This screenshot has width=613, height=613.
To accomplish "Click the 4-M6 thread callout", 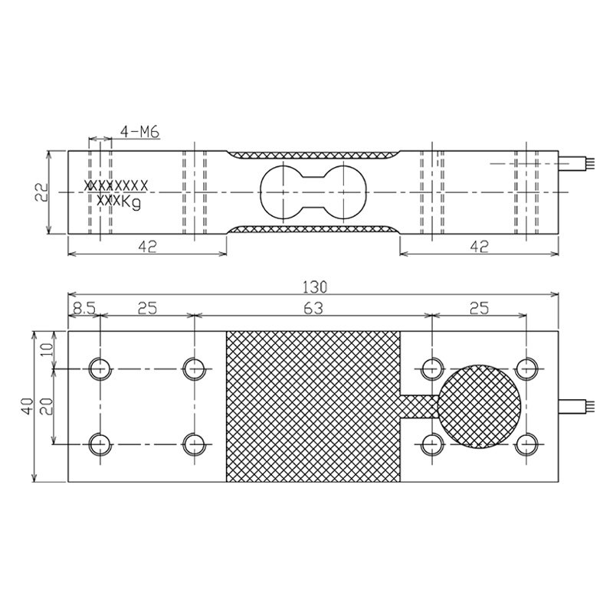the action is point(139,132).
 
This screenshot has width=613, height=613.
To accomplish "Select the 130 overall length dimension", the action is point(315,287).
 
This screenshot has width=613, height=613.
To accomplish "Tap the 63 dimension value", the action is point(313,309).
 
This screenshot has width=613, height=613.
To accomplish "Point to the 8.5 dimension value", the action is point(84,309).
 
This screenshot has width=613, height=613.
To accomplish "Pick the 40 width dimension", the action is point(28,406).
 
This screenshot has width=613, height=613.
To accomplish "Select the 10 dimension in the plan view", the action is point(47,349).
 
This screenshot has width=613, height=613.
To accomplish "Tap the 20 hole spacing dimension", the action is point(47,406).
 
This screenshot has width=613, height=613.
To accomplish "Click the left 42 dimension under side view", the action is point(147,247).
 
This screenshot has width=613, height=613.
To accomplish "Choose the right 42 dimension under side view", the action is point(480,247).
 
